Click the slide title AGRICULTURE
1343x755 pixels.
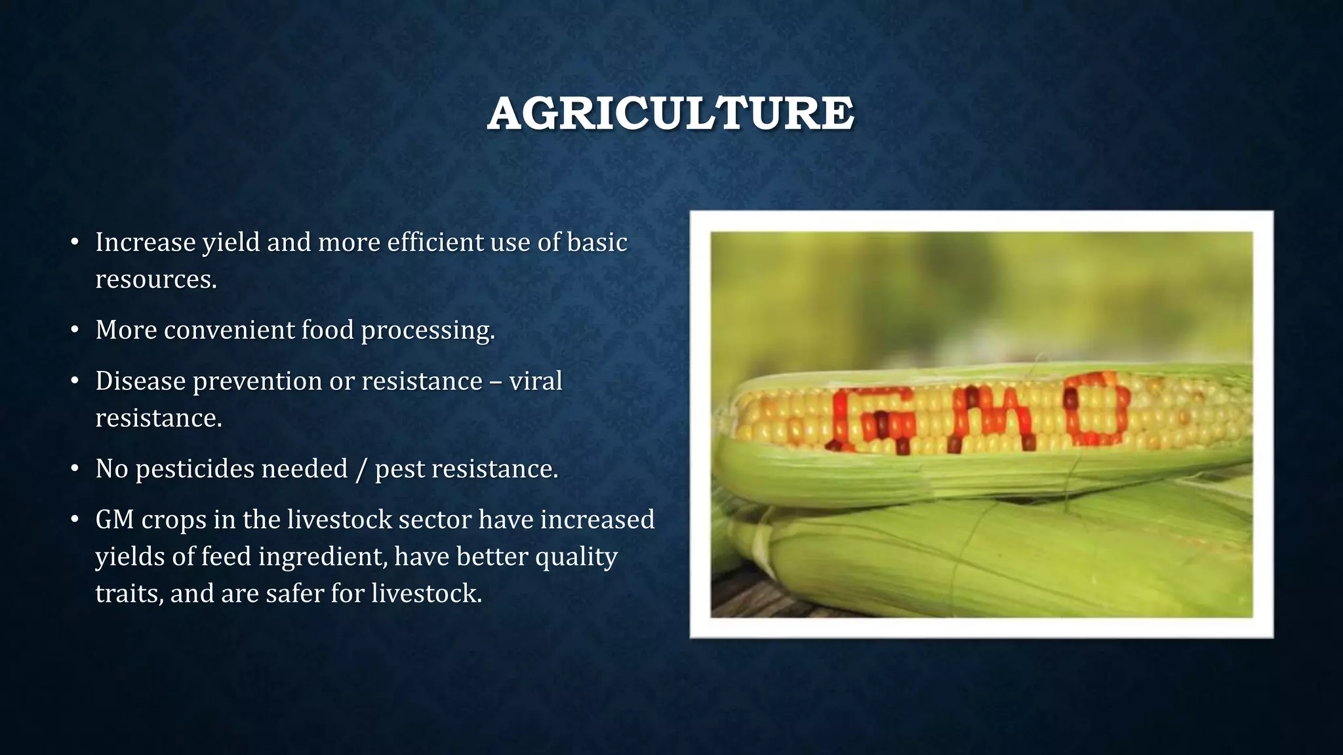tap(670, 113)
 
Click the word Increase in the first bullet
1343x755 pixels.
tap(146, 242)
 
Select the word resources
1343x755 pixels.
tap(155, 280)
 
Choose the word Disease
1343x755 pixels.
tap(140, 381)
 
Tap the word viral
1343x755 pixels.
tap(535, 381)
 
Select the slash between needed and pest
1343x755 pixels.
tap(360, 469)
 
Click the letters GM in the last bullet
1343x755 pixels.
tap(114, 520)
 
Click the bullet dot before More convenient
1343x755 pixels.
tap(75, 330)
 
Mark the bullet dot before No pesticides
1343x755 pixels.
tap(75, 469)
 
